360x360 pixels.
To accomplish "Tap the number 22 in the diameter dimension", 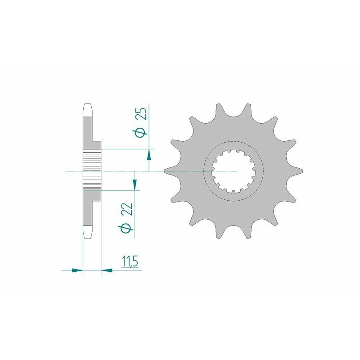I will tap(127, 209).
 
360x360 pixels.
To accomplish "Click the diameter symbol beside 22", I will tap(127, 228).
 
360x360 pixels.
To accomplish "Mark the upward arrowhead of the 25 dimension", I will tap(149, 156).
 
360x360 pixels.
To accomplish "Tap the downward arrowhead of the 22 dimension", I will tap(134, 183).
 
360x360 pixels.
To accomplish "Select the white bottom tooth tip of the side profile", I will tap(88, 234).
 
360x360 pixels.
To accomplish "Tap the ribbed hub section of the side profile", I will tap(92, 171).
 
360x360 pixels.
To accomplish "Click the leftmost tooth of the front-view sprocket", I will tap(167, 171).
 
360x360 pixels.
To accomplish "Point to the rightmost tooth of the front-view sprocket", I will tap(300, 171).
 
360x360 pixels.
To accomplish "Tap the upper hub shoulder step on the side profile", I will tap(96, 144).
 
